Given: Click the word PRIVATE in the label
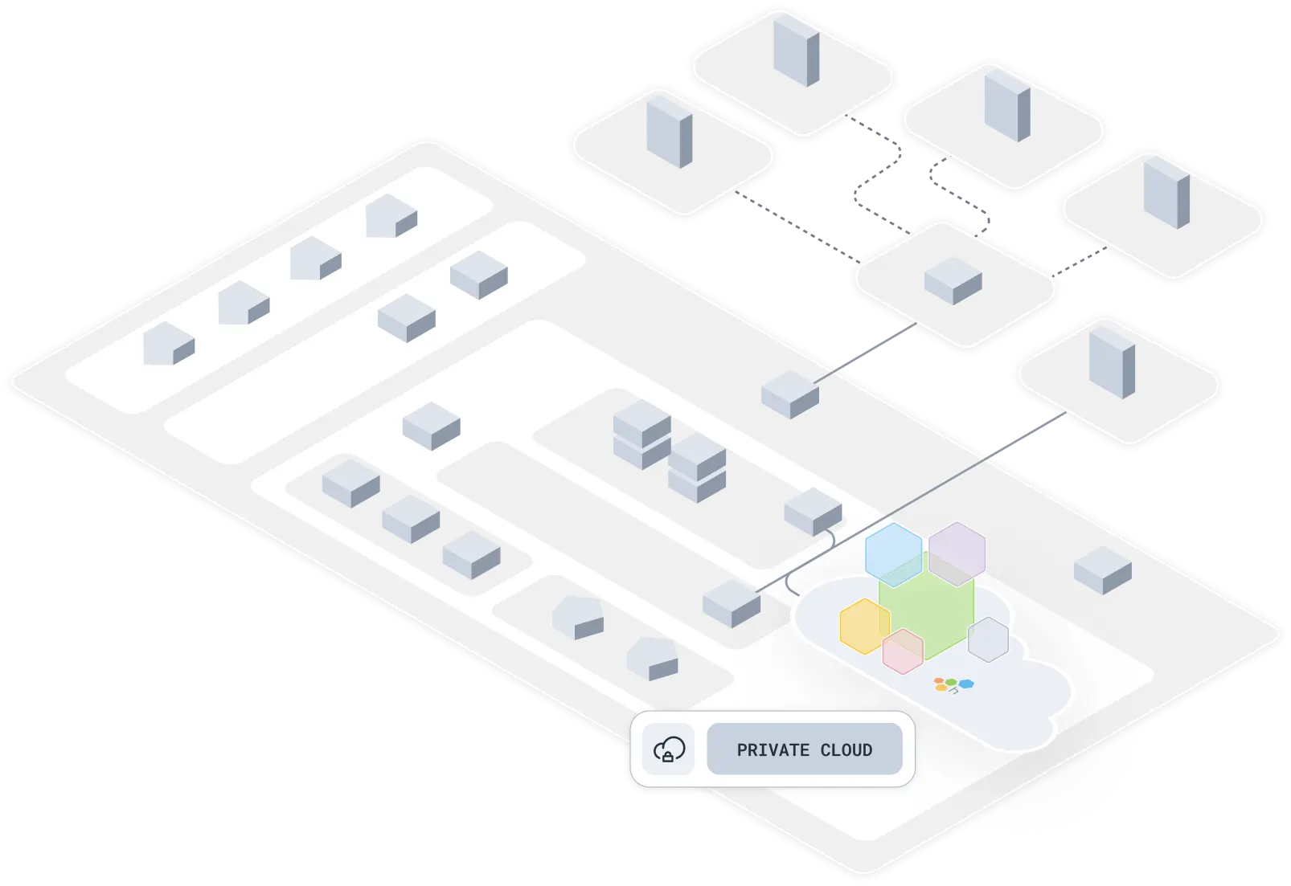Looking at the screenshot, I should coord(773,750).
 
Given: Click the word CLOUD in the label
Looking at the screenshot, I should coord(846,750).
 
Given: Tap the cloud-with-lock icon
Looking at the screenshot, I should coord(669,750).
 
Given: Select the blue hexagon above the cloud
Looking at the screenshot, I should coord(893,553).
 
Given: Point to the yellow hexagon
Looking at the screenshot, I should coord(864,626).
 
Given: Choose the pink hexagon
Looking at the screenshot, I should coord(903,651).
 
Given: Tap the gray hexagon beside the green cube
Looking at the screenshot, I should coord(988,639).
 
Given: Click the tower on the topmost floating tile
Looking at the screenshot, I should coord(796,50).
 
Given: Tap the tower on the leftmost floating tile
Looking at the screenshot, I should coord(669,129).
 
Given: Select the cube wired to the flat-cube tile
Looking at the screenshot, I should coord(789,394).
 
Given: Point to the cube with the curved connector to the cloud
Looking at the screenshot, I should coord(813,511).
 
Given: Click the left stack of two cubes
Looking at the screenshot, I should coord(641,436).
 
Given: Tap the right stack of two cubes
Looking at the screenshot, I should coord(697,468).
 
